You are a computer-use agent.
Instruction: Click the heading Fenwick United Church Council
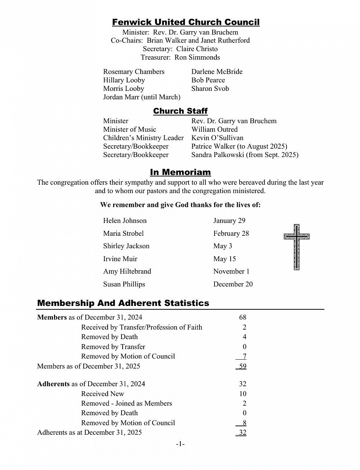[x=186, y=23]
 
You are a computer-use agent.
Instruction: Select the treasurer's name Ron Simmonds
[x=197, y=57]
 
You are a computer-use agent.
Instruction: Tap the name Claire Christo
[x=197, y=49]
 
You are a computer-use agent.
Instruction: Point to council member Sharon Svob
[x=210, y=89]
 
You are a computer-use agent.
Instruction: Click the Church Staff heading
[x=180, y=111]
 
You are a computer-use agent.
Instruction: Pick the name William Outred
[x=214, y=130]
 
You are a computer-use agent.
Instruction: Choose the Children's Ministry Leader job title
[x=143, y=138]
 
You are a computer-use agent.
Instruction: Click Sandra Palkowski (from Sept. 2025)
[x=244, y=155]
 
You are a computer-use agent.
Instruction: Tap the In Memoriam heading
[x=180, y=172]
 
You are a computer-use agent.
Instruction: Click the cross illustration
[x=297, y=247]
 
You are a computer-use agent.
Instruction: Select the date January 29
[x=229, y=221]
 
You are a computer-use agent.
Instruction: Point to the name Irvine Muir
[x=120, y=259]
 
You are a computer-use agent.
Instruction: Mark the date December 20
[x=233, y=284]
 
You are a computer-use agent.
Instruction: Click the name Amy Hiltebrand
[x=127, y=271]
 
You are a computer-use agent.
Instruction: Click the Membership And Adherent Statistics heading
[x=123, y=303]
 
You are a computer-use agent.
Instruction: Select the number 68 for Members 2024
[x=243, y=318]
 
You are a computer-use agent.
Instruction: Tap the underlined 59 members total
[x=242, y=366]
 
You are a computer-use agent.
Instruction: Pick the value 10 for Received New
[x=243, y=394]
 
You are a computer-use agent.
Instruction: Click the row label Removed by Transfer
[x=113, y=347]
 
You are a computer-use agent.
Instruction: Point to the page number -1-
[x=180, y=444]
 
